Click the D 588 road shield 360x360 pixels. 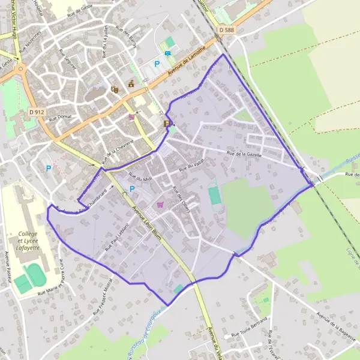(226, 29)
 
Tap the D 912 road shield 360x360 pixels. (37, 112)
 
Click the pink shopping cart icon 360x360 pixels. (160, 205)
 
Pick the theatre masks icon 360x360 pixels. (114, 89)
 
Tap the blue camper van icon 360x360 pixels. (168, 53)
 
